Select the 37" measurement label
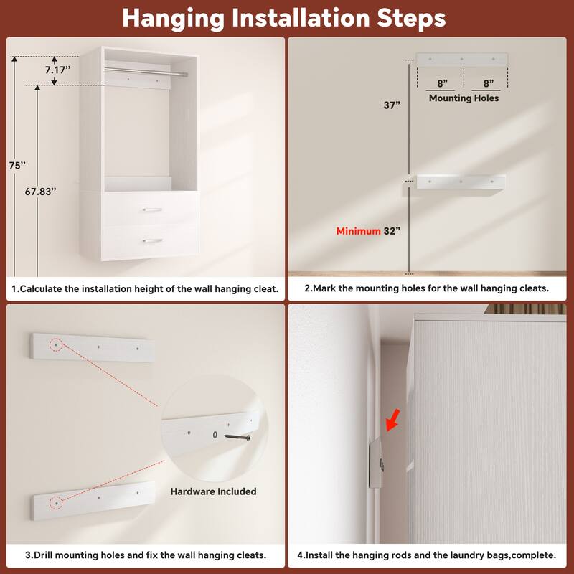(392, 105)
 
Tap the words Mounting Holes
(464, 98)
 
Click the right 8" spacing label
(487, 83)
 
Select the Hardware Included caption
(213, 491)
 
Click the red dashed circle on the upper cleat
(56, 345)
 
